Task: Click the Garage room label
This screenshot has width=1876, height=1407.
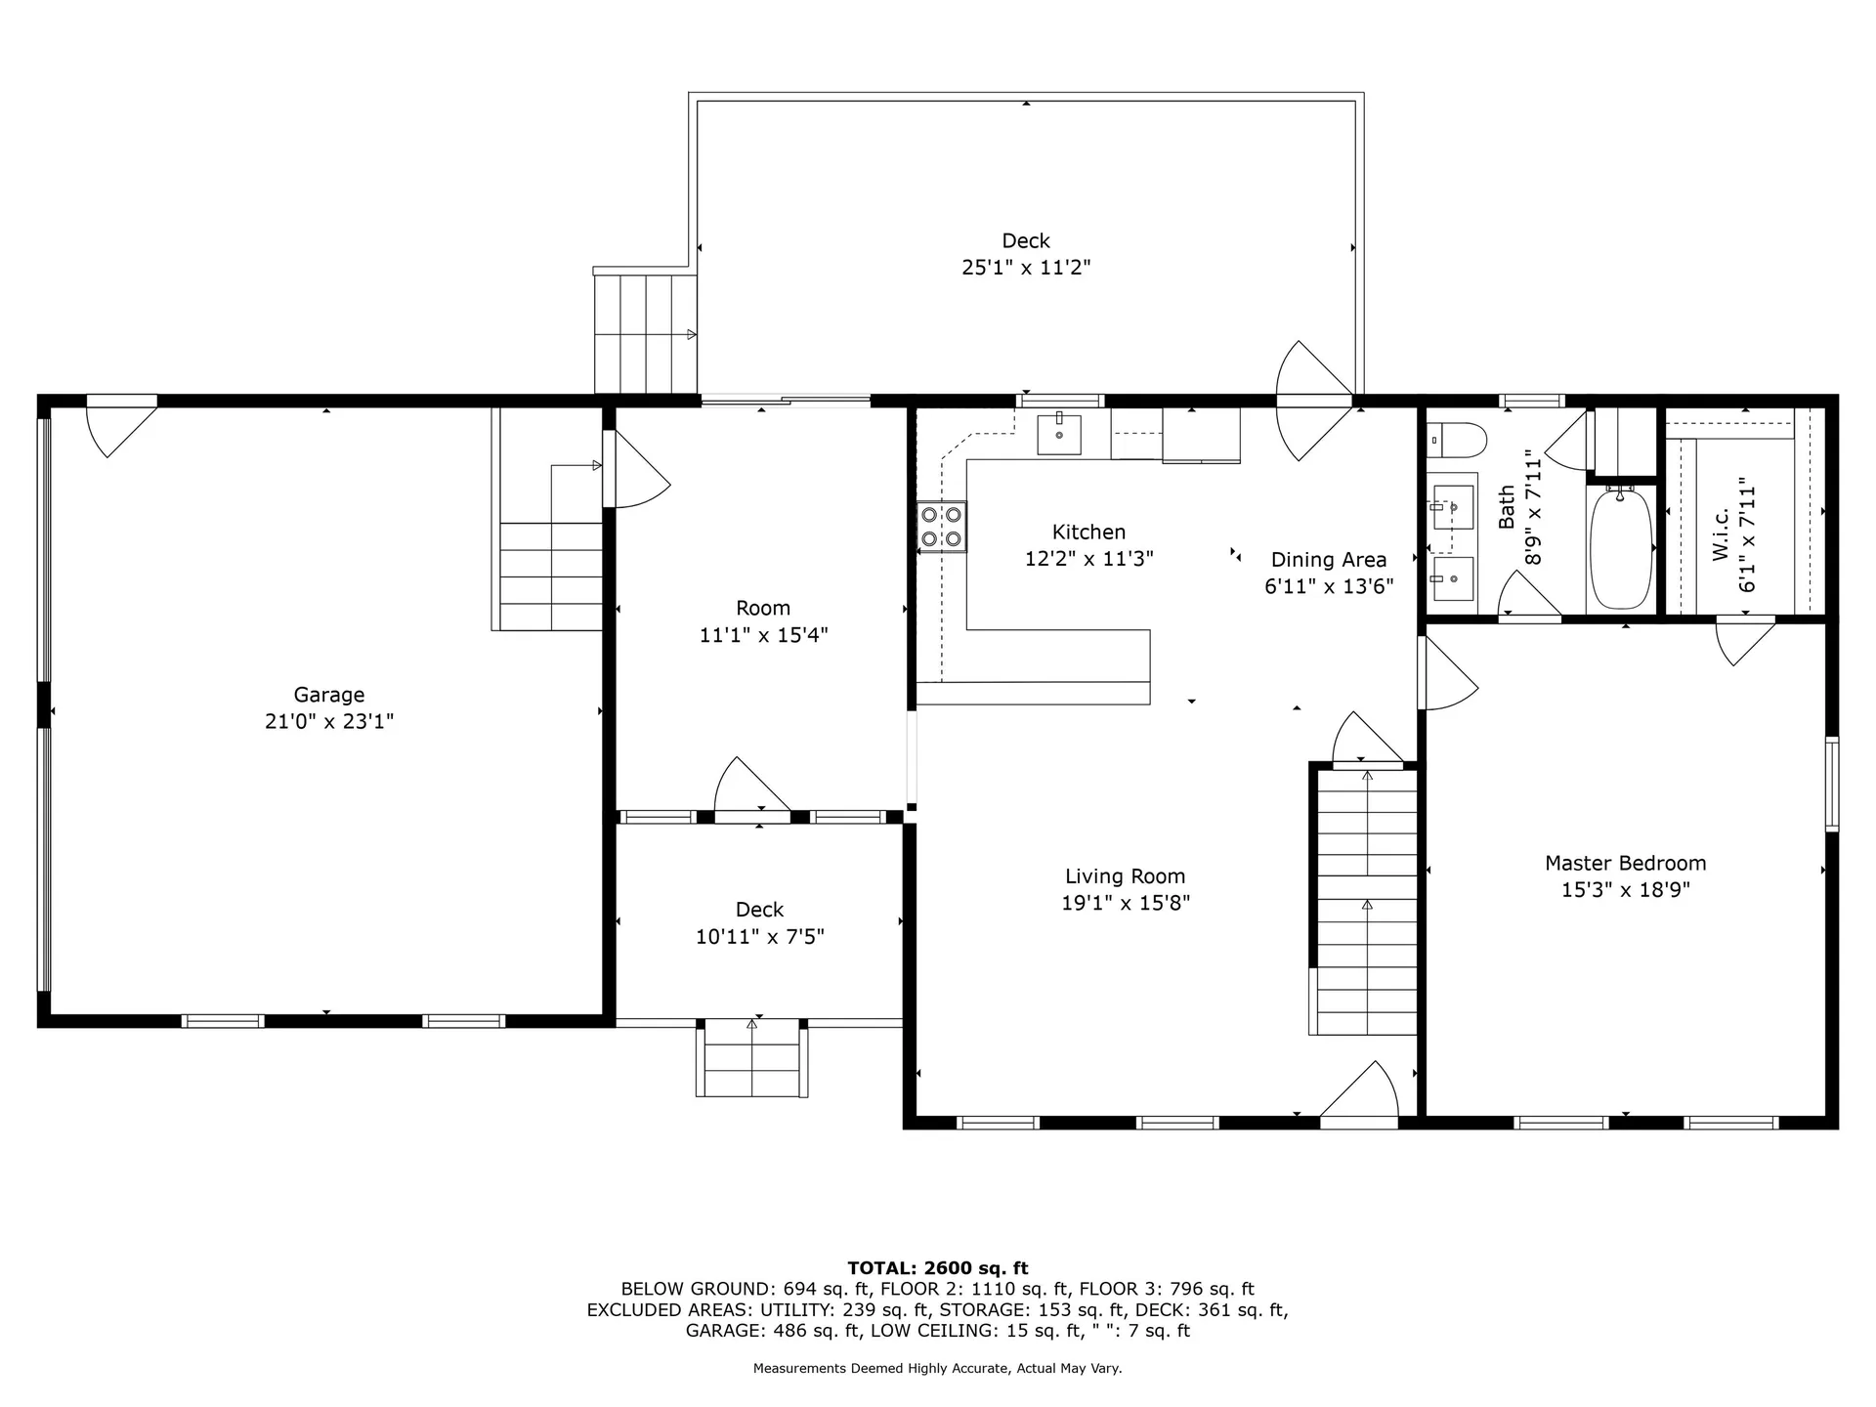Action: click(x=328, y=695)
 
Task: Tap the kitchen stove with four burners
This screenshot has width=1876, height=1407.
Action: click(x=941, y=527)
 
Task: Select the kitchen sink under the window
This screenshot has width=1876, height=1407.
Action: click(x=1059, y=434)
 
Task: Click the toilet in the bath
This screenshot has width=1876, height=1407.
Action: click(x=1458, y=440)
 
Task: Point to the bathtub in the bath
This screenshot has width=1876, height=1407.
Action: click(x=1620, y=549)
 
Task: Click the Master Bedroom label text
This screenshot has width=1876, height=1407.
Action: click(x=1625, y=864)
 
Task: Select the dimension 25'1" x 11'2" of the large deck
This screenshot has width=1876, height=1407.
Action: click(x=1026, y=268)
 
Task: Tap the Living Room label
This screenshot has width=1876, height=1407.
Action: click(x=1125, y=876)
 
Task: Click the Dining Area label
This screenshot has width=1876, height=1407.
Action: click(x=1328, y=560)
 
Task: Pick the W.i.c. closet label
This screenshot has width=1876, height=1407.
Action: click(x=1721, y=533)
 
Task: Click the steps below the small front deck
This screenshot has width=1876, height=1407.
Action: click(x=751, y=1060)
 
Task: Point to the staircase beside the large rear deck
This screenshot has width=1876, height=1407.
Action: click(x=645, y=334)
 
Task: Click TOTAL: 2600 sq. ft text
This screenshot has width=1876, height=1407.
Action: click(x=937, y=1268)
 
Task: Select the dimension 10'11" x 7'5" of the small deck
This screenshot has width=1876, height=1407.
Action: click(x=759, y=937)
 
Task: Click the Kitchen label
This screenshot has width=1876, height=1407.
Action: click(x=1088, y=533)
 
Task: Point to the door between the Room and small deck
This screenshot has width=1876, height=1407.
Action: click(x=752, y=791)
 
